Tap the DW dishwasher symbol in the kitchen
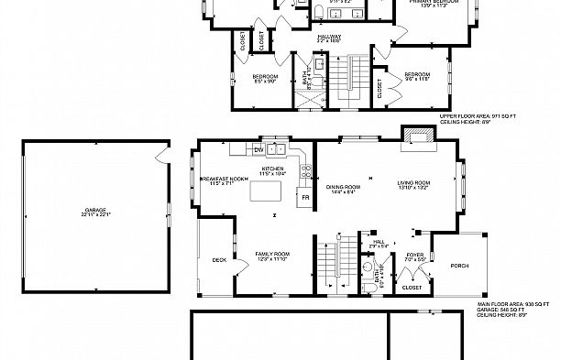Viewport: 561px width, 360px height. pyautogui.click(x=259, y=149)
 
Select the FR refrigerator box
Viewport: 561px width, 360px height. pyautogui.click(x=302, y=197)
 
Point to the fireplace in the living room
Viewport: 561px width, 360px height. pyautogui.click(x=419, y=136)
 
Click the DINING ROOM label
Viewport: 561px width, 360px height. pyautogui.click(x=345, y=187)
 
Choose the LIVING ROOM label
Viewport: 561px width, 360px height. pyautogui.click(x=413, y=183)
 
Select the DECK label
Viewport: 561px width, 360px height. pyautogui.click(x=219, y=259)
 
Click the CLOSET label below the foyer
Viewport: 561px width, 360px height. pyautogui.click(x=412, y=288)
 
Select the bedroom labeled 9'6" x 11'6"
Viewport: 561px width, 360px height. pyautogui.click(x=418, y=74)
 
